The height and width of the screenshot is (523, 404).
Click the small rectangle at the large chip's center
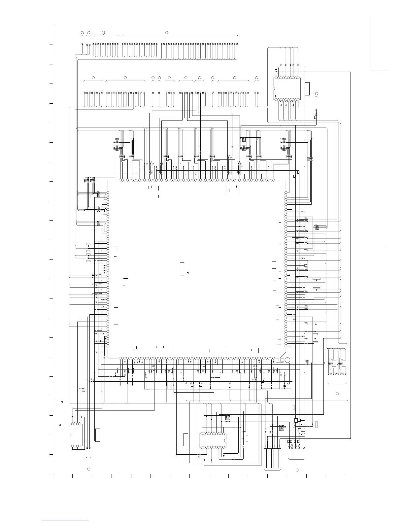pos(182,269)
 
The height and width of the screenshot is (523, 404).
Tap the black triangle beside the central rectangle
pos(187,273)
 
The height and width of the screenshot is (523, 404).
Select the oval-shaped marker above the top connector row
pos(104,33)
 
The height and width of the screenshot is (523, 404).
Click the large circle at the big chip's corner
pos(287,360)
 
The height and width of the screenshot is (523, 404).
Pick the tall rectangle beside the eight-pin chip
pos(98,435)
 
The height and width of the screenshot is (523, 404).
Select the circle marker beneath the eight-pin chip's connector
pos(88,469)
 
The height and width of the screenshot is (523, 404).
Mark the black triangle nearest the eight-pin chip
pos(59,425)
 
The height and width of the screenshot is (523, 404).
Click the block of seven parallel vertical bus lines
pos(273,459)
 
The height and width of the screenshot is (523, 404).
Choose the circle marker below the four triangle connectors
pos(297,470)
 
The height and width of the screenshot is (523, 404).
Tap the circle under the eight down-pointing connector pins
pos(337,394)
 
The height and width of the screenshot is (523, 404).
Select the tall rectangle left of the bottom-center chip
pos(186,439)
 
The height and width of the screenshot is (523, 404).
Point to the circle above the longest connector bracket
pos(167,32)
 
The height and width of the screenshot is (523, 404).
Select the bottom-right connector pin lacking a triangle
pos(304,447)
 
